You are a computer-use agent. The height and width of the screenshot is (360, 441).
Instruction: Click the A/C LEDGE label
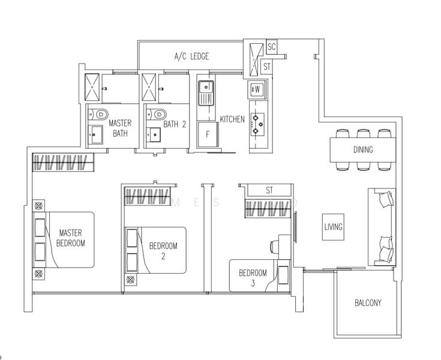click(191, 56)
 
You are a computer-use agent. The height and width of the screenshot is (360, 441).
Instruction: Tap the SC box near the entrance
click(271, 47)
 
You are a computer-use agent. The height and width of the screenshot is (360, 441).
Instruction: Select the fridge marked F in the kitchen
click(208, 134)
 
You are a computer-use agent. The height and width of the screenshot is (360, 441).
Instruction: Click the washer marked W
click(256, 89)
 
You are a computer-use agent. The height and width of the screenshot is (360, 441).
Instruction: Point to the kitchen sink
click(206, 92)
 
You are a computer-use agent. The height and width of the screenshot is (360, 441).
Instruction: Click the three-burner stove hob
click(257, 124)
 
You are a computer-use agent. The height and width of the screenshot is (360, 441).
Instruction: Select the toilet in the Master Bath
click(98, 115)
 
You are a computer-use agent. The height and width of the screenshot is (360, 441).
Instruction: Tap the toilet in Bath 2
click(157, 114)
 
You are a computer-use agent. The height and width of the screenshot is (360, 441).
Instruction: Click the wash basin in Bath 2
click(154, 135)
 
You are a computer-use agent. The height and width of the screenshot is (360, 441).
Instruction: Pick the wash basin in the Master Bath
click(95, 135)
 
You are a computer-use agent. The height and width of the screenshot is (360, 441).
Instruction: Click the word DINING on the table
click(363, 149)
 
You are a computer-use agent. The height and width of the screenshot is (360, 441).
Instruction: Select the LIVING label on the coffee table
click(333, 227)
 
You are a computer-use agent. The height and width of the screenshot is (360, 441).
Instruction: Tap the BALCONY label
click(368, 303)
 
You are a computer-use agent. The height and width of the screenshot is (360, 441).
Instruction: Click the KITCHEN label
click(232, 119)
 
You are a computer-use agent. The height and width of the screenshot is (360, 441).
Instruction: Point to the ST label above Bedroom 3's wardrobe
click(269, 190)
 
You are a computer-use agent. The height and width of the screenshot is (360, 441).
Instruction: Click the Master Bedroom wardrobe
click(63, 162)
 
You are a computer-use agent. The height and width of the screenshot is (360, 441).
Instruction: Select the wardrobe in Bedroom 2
click(148, 196)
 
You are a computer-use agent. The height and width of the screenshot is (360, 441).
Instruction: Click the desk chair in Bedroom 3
click(274, 247)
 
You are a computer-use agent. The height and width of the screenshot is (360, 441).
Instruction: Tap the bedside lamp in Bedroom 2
click(130, 280)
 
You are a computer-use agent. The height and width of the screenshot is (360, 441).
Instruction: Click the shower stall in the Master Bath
click(92, 87)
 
